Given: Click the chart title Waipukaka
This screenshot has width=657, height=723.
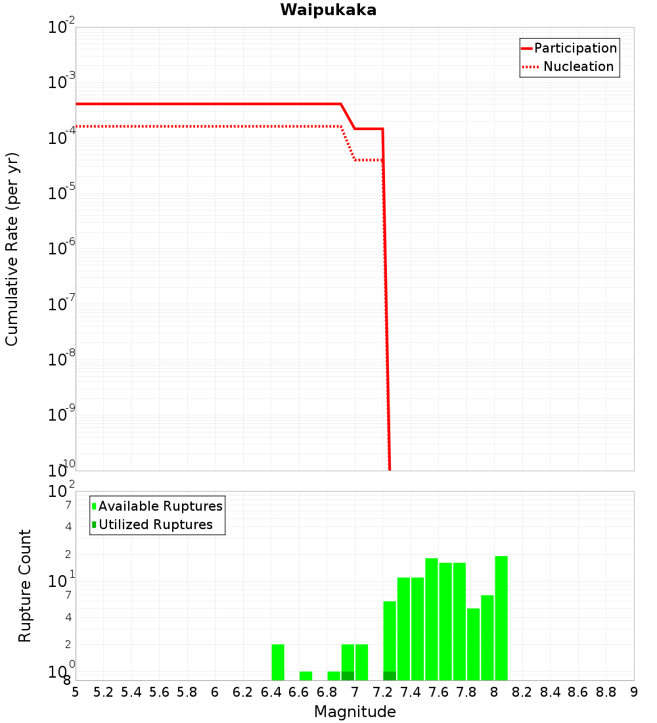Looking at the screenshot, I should (x=328, y=11).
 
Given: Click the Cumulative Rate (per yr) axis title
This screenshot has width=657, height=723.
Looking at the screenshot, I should (x=12, y=249).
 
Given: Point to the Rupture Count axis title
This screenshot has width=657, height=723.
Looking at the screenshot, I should (x=25, y=586).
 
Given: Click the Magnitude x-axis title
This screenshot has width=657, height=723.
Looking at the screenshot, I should (x=355, y=712).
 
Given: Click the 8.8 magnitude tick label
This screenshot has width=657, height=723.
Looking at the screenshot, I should (x=606, y=692).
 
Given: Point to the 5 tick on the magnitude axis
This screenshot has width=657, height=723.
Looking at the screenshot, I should (x=76, y=692).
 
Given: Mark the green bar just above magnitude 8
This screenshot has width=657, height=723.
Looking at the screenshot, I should (x=501, y=618).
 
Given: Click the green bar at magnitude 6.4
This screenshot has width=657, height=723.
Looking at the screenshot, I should (x=278, y=662).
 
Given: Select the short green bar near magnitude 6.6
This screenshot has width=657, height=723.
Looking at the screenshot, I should (x=306, y=676).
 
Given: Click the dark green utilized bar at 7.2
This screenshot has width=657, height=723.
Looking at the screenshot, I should (x=390, y=676).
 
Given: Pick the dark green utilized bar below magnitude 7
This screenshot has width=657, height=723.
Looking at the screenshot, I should (x=348, y=676).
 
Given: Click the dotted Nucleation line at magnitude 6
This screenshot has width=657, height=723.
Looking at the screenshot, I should (x=215, y=126).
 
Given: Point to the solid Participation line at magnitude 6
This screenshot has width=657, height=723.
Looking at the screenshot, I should (x=215, y=104).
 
